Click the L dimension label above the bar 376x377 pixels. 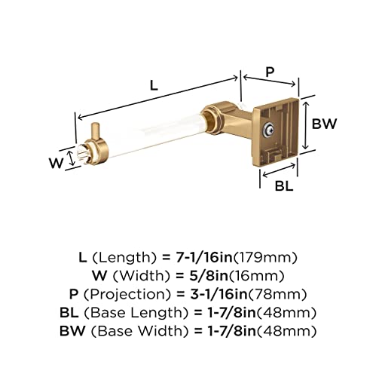[x=154, y=86]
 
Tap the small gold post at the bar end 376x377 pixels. [x=96, y=133]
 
